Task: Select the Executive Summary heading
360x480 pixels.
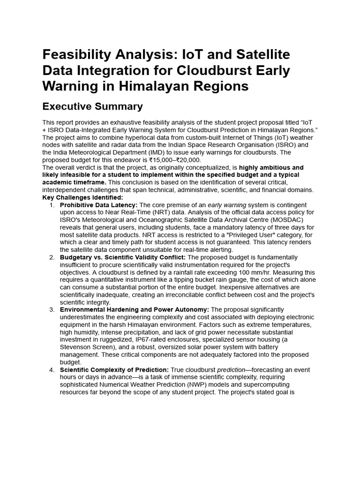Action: click(x=92, y=106)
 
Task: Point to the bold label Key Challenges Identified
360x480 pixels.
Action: click(x=82, y=198)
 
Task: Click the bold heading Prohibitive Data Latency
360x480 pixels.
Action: click(x=98, y=205)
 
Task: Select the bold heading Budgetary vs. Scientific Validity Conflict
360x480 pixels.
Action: click(x=123, y=257)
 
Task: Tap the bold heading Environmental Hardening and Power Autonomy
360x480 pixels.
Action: click(x=135, y=310)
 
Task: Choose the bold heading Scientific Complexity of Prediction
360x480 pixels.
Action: click(x=115, y=370)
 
